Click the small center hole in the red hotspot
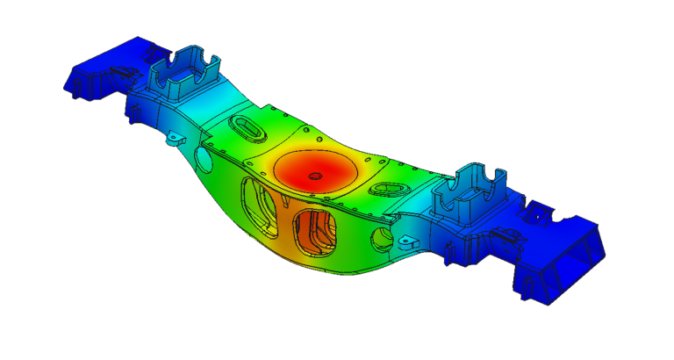314,176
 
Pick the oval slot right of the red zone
385,189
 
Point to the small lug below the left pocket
176,138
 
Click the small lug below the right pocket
405,241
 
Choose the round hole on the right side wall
379,237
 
